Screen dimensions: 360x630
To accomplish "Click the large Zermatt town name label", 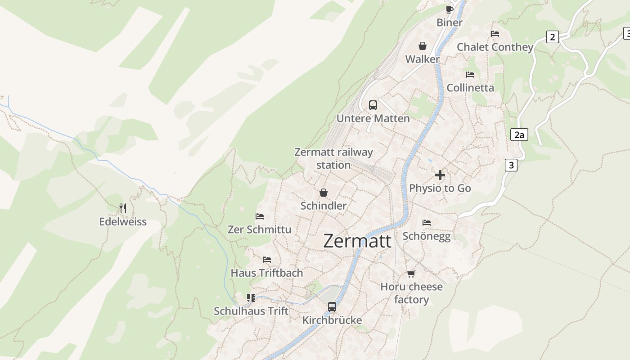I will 357,241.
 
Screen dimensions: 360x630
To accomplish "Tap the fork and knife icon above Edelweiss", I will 123,208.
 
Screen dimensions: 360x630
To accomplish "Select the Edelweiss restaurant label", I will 123,222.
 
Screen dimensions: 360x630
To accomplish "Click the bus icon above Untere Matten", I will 373,105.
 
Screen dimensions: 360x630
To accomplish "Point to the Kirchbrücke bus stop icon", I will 332,307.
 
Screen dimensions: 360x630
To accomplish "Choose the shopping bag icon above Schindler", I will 323,193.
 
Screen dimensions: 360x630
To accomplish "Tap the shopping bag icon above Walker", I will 423,46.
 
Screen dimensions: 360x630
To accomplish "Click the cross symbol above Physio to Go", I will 440,175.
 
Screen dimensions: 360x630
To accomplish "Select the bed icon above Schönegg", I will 427,223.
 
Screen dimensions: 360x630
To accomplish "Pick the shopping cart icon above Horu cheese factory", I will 411,274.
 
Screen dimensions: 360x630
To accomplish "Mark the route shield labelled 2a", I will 519,135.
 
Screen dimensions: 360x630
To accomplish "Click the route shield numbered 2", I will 553,37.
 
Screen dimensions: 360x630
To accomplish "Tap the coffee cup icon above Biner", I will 449,9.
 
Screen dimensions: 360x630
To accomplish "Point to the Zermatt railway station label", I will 333,158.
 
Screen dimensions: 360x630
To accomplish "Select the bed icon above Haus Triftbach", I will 267,260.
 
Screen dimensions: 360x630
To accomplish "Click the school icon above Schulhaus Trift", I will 251,298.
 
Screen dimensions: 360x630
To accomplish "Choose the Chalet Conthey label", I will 495,47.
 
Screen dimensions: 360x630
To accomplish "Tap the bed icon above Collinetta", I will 470,74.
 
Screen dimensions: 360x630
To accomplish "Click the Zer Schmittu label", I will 260,229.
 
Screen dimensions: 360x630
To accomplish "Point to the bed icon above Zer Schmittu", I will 260,216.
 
